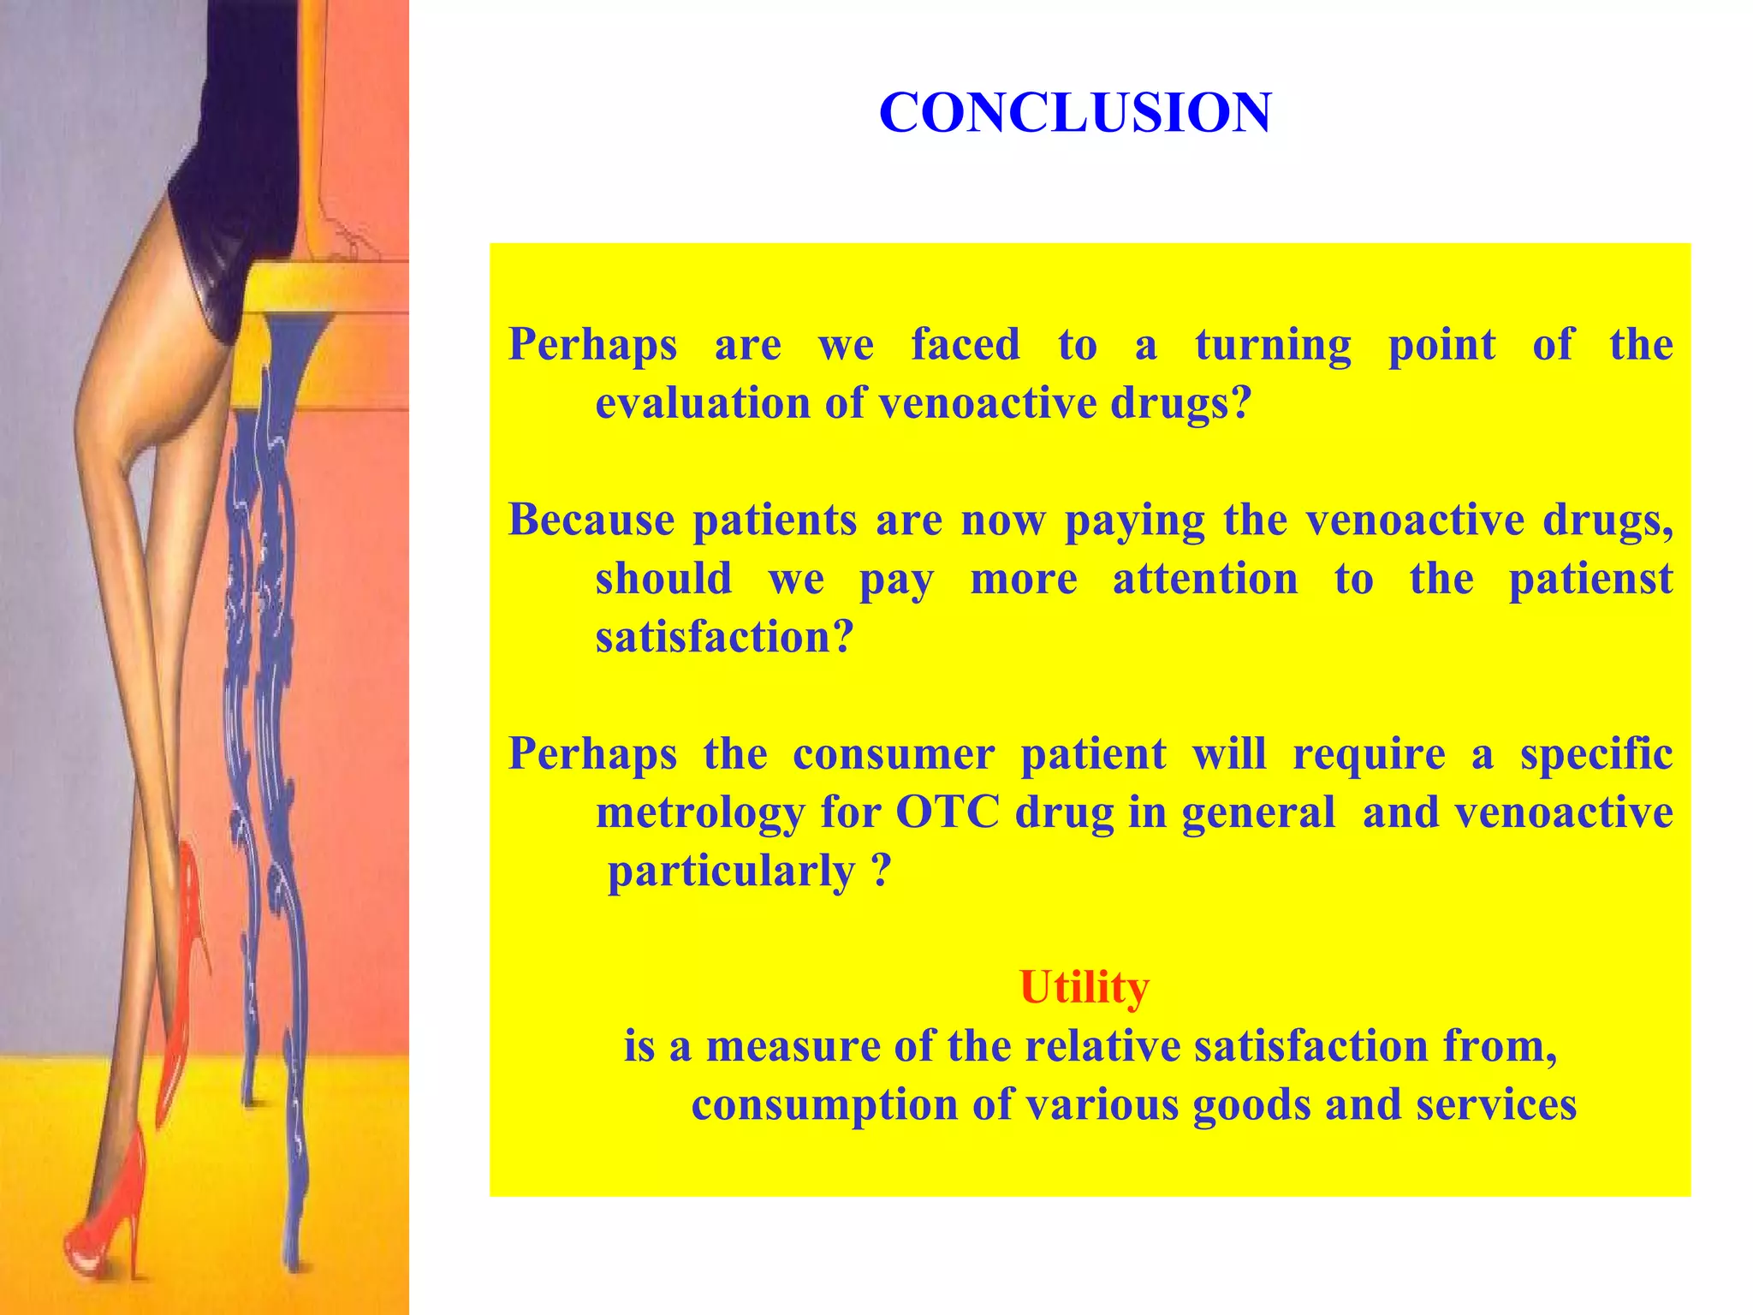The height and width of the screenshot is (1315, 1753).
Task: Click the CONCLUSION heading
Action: (1075, 113)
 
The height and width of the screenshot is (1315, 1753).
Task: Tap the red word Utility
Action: (1084, 987)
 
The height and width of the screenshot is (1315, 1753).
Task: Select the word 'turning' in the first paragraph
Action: (1273, 346)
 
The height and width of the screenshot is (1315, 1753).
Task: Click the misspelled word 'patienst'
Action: (1590, 580)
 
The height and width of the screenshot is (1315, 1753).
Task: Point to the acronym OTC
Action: (948, 812)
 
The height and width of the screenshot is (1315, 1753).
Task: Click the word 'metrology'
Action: (699, 813)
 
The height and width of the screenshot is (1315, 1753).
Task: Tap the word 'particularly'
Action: (731, 872)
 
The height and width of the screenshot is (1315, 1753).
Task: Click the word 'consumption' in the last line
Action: (823, 1104)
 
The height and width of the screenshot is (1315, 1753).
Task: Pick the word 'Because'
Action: (591, 520)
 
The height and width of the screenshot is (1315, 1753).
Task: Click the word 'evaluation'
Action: (702, 403)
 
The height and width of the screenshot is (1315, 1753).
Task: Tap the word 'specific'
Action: (1596, 754)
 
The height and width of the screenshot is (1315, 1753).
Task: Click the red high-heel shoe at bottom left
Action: (107, 1216)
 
